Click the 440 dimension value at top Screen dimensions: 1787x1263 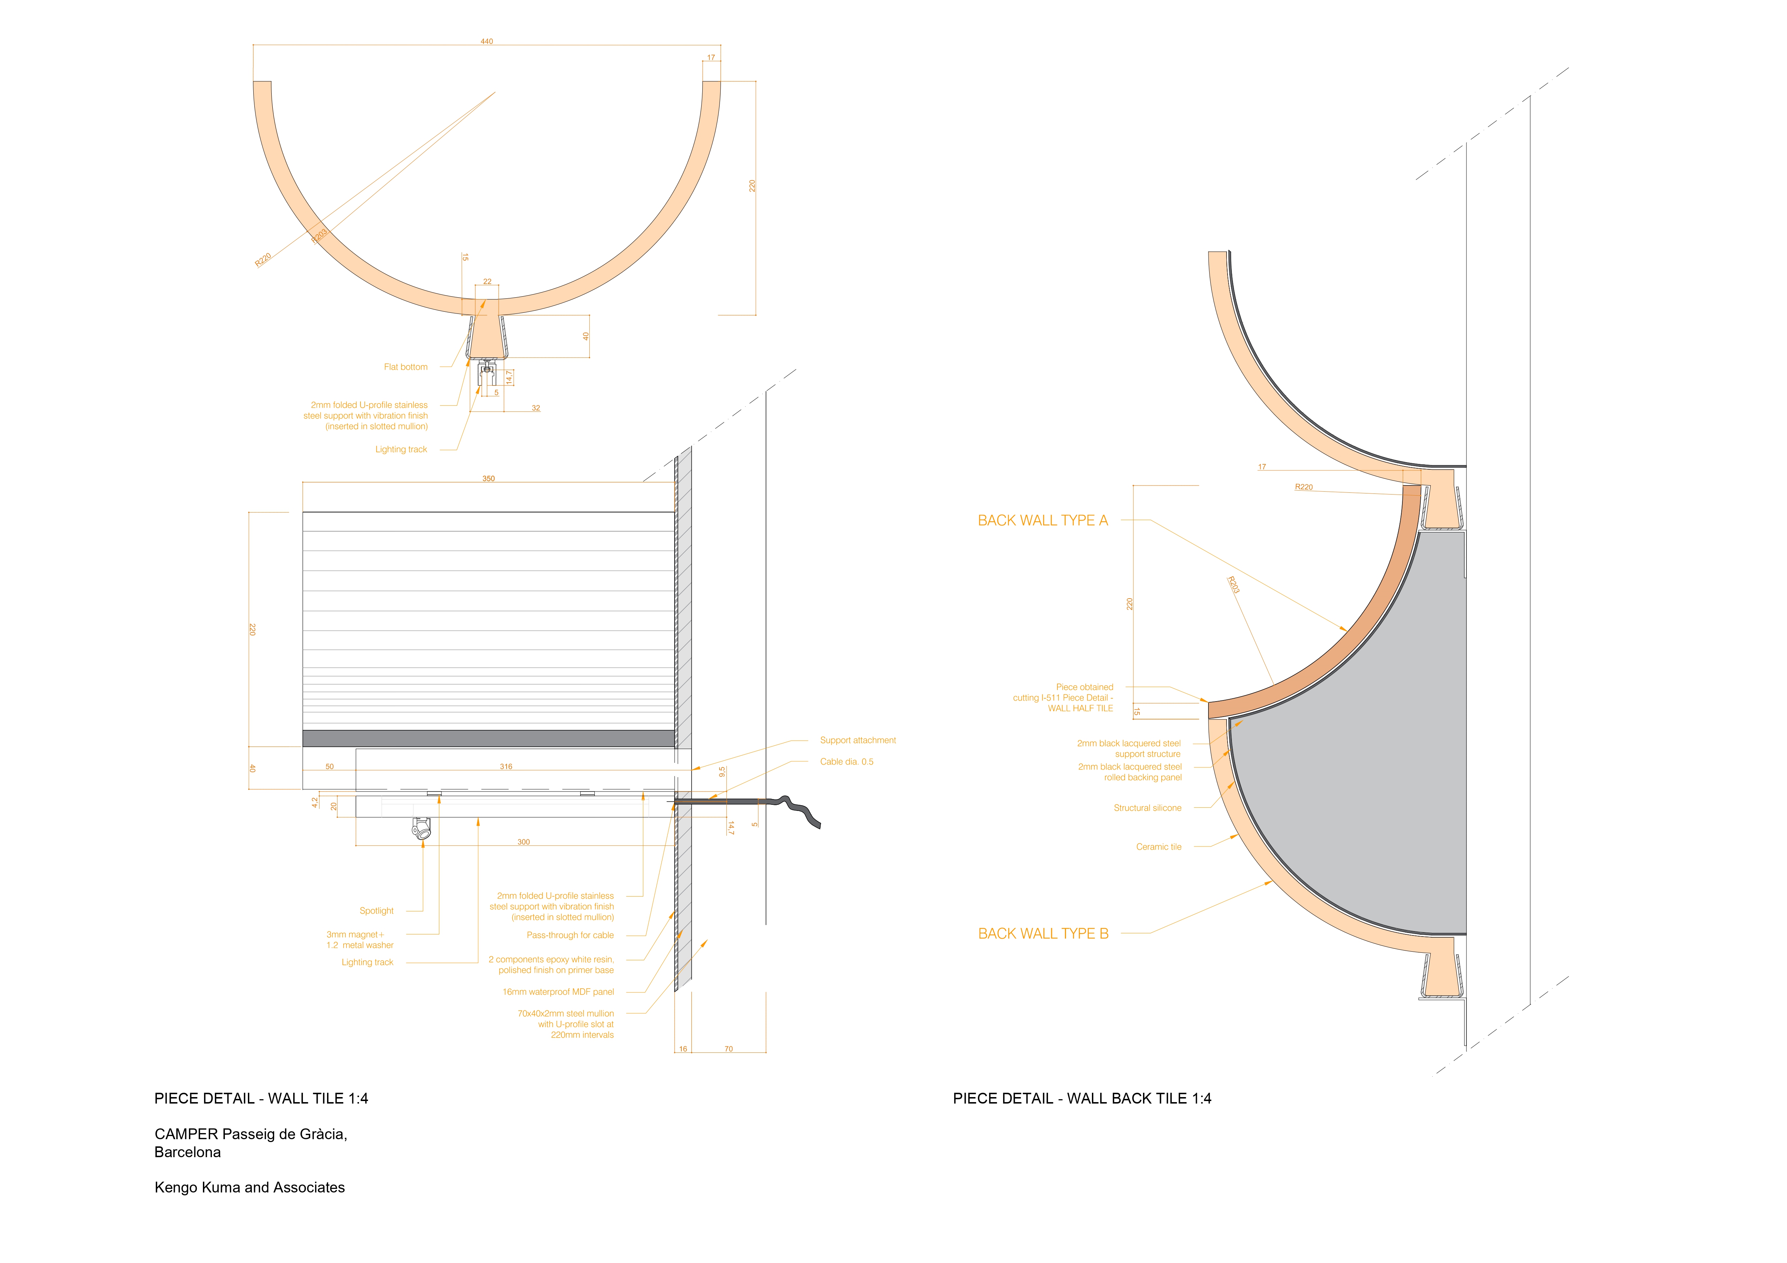pyautogui.click(x=486, y=41)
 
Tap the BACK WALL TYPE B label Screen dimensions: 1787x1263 pyautogui.click(x=1043, y=934)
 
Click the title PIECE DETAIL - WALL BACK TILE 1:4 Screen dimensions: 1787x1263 pyautogui.click(x=1082, y=1099)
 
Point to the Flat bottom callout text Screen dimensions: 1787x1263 pyautogui.click(x=405, y=367)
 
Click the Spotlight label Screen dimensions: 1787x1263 pyautogui.click(x=377, y=911)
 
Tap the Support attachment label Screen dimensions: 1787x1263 pyautogui.click(x=858, y=740)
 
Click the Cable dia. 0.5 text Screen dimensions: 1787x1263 pyautogui.click(x=847, y=762)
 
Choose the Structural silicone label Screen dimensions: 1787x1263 pyautogui.click(x=1147, y=808)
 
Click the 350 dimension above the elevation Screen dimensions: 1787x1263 pyautogui.click(x=488, y=479)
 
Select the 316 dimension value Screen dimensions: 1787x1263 pyautogui.click(x=506, y=767)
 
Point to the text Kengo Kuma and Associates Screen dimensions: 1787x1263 pyautogui.click(x=250, y=1187)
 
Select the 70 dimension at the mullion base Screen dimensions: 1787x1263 pyautogui.click(x=729, y=1049)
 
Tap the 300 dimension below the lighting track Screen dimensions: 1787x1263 pyautogui.click(x=524, y=842)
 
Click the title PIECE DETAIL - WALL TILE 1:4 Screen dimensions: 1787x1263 pyautogui.click(x=262, y=1099)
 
